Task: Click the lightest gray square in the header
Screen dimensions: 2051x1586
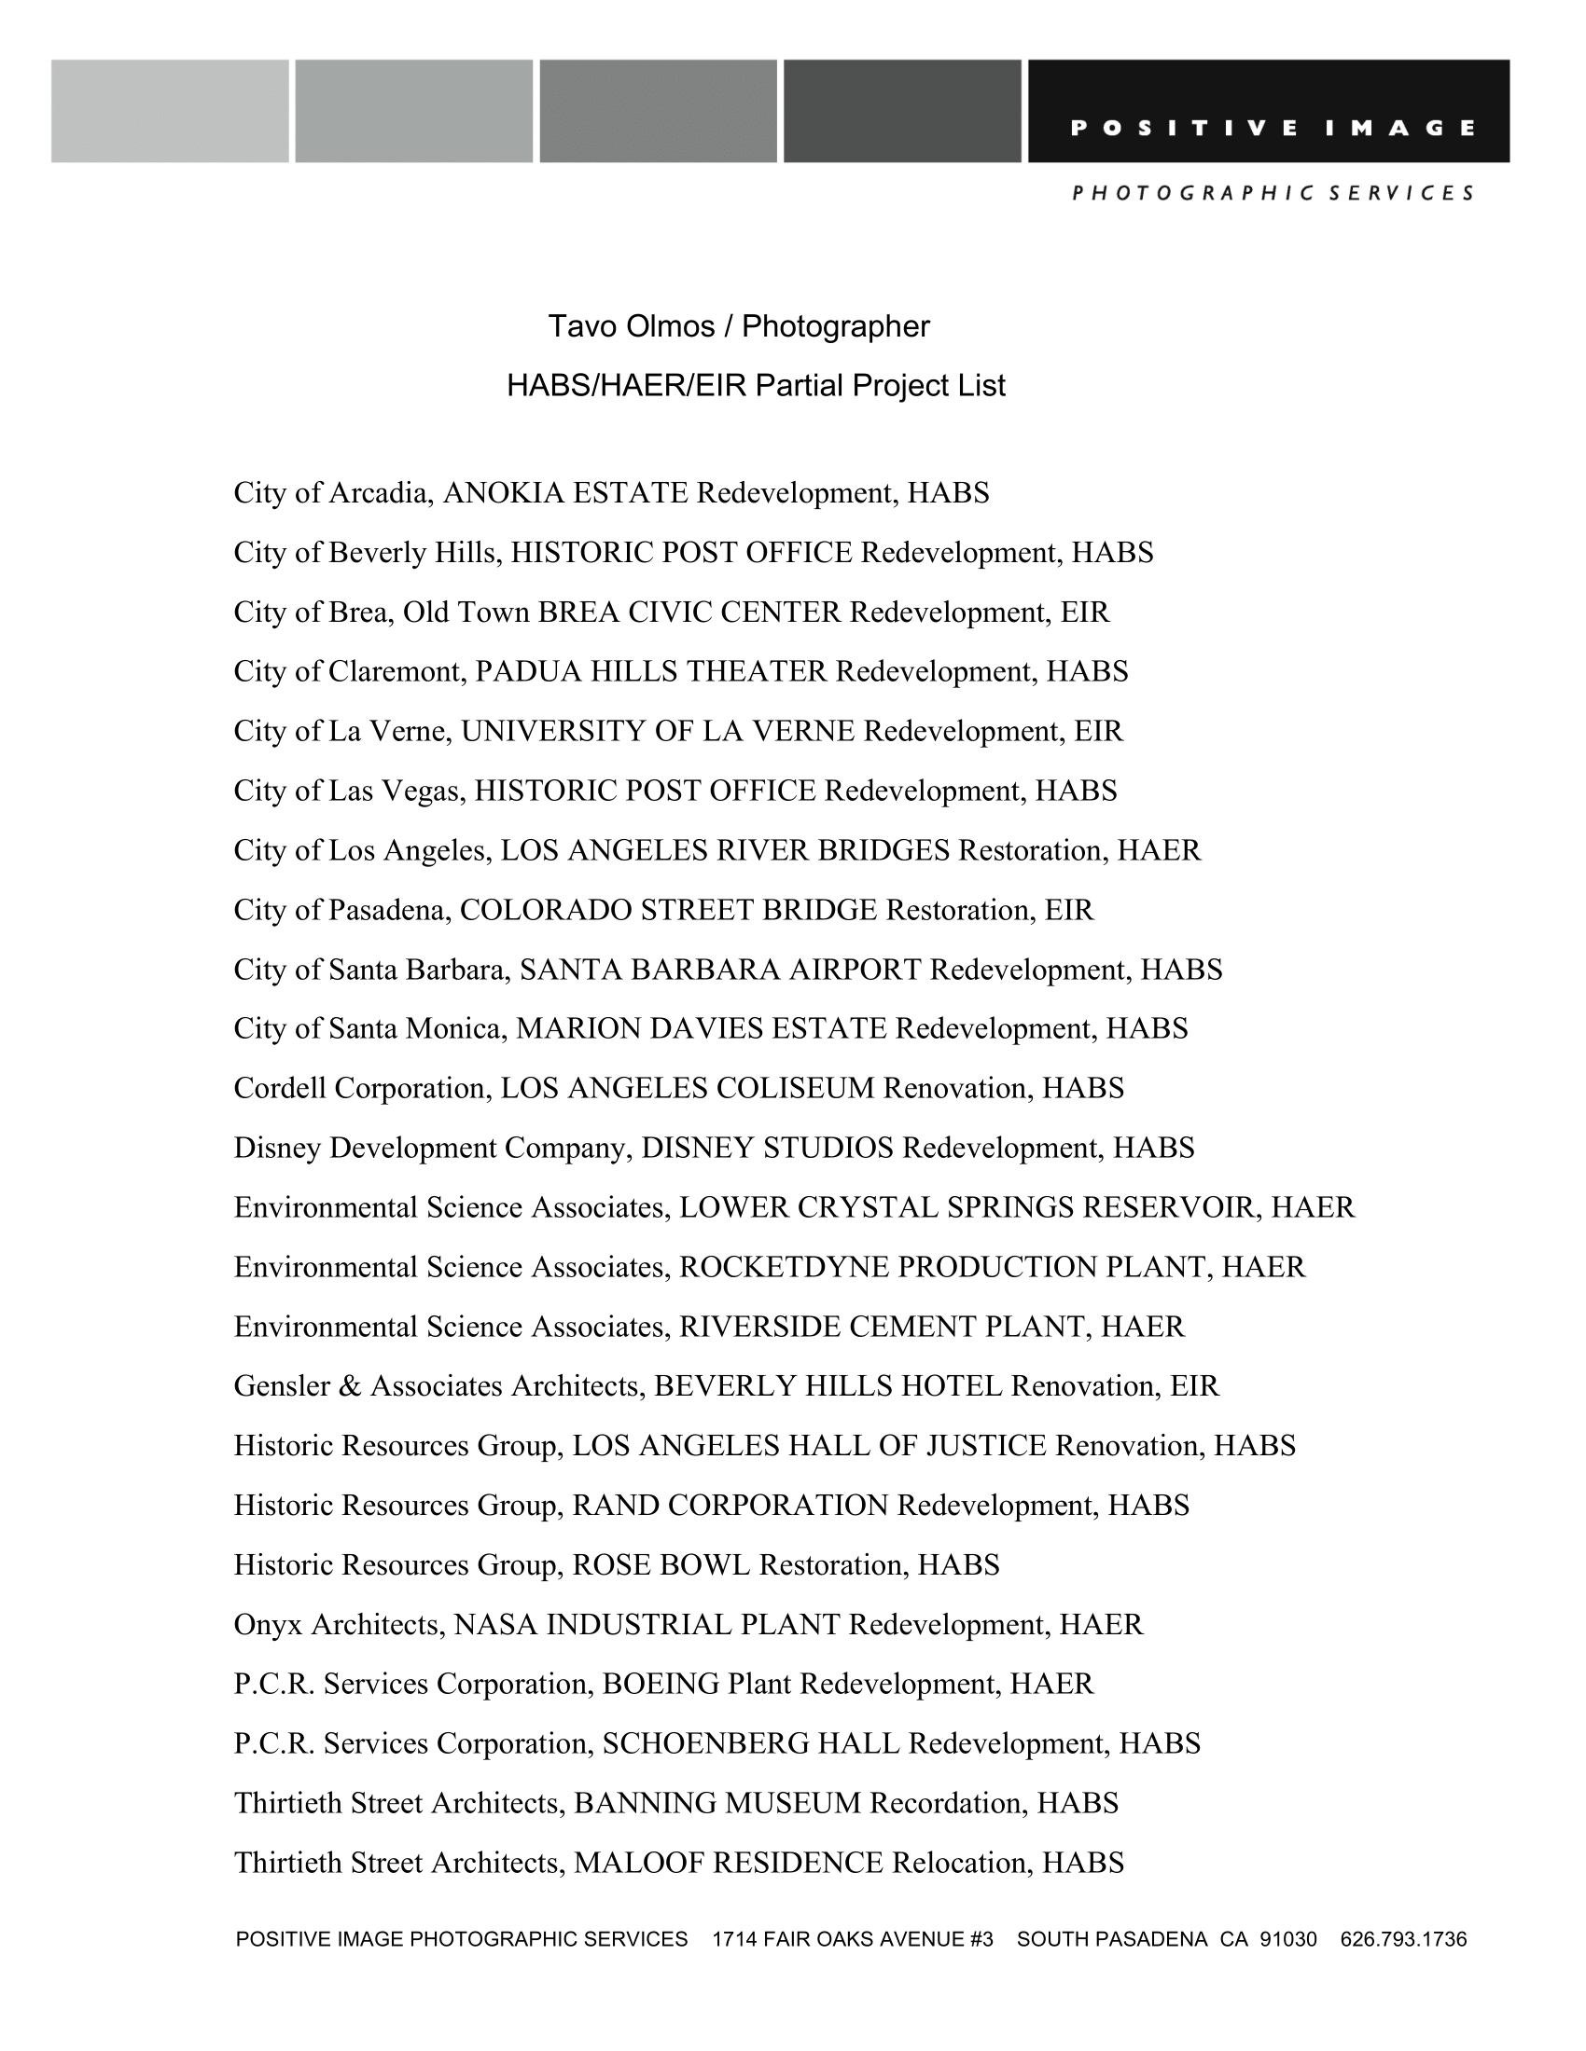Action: [x=170, y=111]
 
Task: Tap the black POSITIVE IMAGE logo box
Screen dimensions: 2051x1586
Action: [x=1269, y=111]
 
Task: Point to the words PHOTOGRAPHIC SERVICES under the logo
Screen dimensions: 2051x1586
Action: [x=1273, y=194]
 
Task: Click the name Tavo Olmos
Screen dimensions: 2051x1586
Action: [x=632, y=327]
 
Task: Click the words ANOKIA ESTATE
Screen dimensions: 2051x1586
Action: [x=565, y=493]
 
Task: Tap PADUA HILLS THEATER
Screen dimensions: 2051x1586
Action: [x=650, y=671]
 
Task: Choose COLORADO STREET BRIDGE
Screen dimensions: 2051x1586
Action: [x=668, y=910]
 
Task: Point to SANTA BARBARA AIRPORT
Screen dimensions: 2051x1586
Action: [x=720, y=970]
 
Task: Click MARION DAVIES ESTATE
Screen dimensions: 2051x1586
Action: [x=701, y=1028]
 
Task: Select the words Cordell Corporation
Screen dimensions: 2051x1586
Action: [x=360, y=1088]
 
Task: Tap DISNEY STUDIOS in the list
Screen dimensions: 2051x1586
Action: [x=767, y=1148]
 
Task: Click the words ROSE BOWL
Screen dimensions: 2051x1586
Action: [x=661, y=1564]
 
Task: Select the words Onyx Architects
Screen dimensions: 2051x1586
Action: [x=338, y=1625]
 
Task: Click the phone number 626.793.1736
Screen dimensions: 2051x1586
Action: [x=1403, y=1939]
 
